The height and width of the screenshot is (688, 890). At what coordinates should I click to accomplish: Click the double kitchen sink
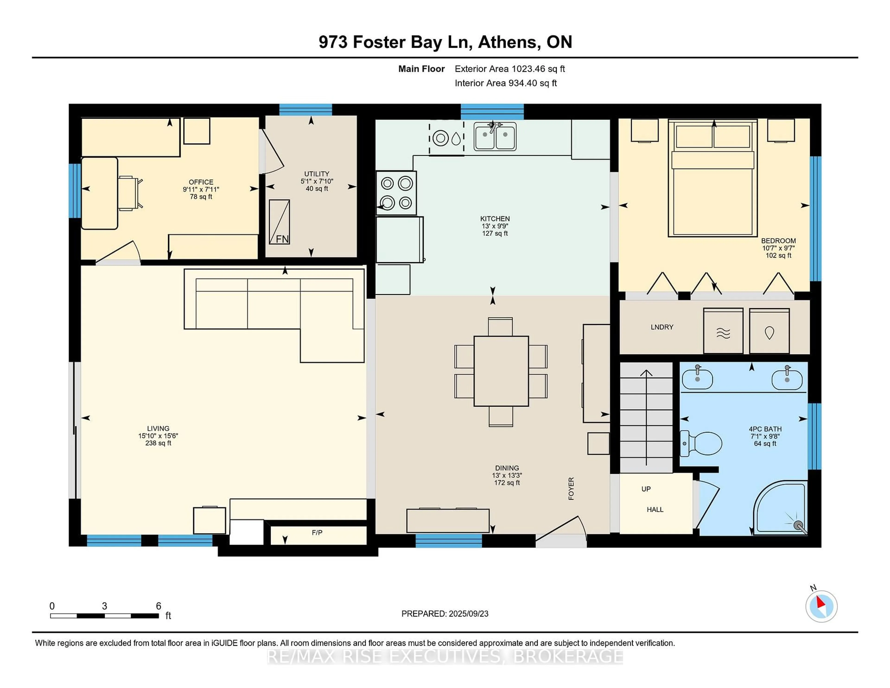coord(495,136)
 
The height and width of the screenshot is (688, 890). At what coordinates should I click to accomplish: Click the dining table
coord(501,371)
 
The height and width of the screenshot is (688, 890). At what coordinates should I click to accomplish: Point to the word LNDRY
coord(662,327)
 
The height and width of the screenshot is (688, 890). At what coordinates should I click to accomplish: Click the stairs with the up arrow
coord(646,417)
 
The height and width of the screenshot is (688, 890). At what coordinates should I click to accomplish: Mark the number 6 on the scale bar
coord(159,606)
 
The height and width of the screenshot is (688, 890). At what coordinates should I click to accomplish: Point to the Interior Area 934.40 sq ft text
coord(506,83)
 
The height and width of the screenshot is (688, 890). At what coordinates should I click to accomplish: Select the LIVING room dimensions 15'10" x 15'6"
coord(158,436)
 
